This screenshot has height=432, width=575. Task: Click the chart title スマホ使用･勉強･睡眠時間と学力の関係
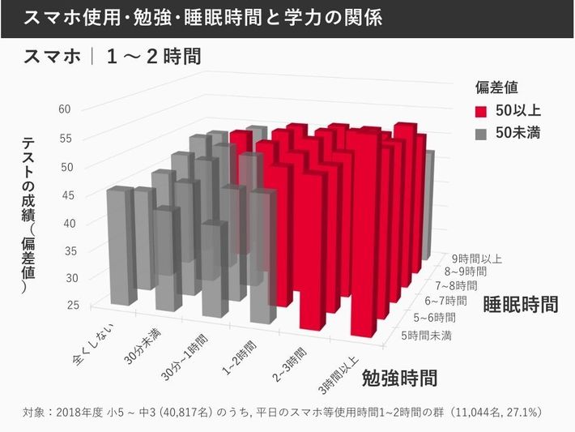(202, 18)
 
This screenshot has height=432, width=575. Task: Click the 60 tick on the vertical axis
(66, 109)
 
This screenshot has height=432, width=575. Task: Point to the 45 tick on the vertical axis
(64, 195)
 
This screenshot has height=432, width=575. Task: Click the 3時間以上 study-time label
(337, 374)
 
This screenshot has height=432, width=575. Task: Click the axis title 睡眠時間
(520, 306)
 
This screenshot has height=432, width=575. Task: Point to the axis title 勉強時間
(399, 378)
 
